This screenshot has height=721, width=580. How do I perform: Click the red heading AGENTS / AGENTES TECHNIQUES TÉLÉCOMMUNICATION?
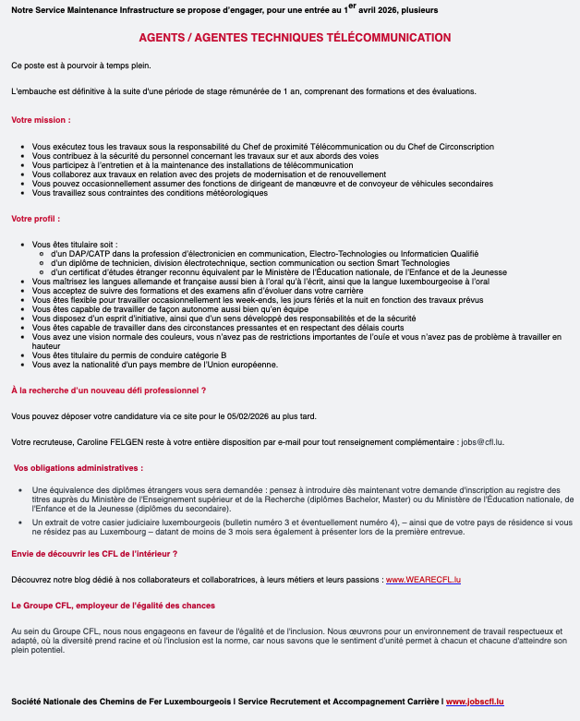coord(295,38)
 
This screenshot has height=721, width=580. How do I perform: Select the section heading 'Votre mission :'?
coord(41,120)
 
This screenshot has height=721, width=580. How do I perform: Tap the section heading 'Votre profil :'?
coord(36,219)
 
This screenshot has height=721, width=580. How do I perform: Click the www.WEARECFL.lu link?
coord(423,579)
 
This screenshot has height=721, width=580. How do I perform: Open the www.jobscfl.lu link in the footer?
coord(475,702)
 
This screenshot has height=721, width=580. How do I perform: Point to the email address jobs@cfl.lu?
coord(484,442)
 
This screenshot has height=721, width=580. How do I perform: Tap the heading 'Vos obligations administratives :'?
coord(79,468)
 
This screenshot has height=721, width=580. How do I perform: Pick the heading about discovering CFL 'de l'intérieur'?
coord(94,553)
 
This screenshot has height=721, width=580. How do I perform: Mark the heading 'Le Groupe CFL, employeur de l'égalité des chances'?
coord(114,606)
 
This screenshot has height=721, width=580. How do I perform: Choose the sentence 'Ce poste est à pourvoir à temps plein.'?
coord(80,66)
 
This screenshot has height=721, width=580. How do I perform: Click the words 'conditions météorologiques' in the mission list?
coord(214,193)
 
